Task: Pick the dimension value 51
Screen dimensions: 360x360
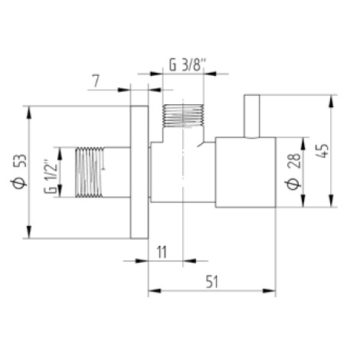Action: (x=212, y=280)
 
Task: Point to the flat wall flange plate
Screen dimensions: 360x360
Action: (x=139, y=172)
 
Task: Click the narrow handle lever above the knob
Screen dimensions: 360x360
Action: (x=251, y=116)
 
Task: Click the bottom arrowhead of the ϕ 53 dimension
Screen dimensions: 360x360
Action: (x=30, y=235)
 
